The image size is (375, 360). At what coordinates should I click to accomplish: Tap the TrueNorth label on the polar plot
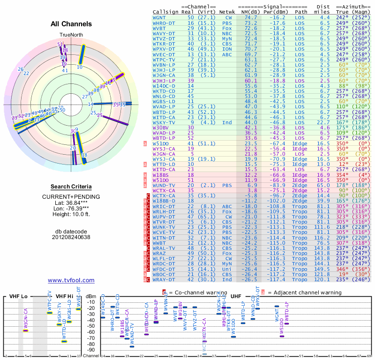click(71, 35)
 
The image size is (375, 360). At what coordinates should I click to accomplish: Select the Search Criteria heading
click(71, 187)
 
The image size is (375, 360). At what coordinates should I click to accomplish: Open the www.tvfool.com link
click(71, 280)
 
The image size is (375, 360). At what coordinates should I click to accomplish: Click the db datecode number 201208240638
click(71, 237)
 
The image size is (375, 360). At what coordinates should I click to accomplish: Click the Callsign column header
click(165, 12)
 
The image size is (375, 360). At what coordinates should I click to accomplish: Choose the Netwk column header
click(227, 12)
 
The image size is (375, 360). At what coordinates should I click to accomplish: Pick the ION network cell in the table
click(227, 48)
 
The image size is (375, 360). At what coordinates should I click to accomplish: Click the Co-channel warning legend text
click(207, 292)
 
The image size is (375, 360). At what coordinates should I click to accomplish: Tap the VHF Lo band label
click(18, 297)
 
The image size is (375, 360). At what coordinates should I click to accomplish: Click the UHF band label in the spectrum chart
click(236, 297)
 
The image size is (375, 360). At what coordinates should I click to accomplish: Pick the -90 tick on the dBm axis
click(91, 350)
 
